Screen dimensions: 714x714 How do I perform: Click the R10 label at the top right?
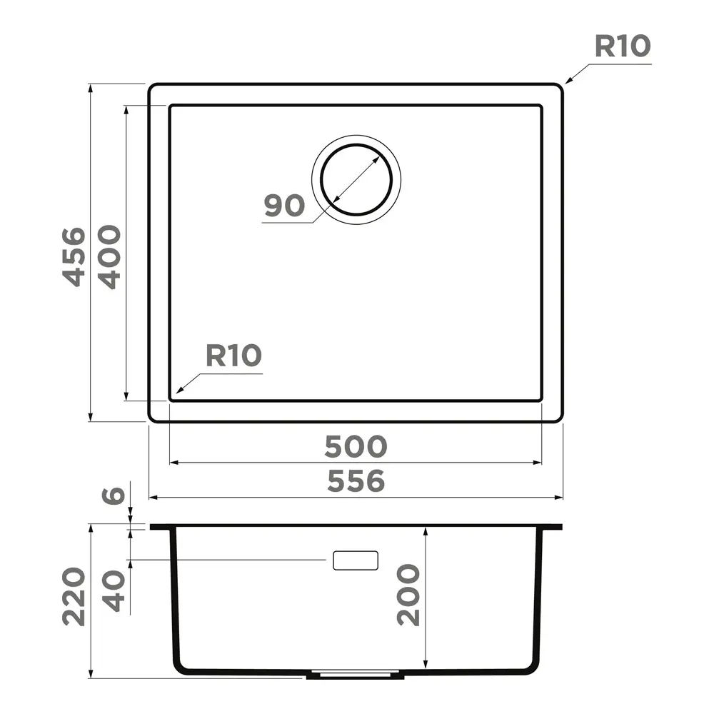623,46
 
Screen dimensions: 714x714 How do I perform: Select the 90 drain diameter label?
285,206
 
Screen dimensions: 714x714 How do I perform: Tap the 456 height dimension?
74,257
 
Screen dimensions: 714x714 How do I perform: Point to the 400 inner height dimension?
110,257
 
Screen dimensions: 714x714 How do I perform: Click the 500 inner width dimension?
356,446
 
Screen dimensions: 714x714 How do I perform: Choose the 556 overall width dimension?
356,481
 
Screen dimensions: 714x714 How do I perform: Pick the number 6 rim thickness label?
113,495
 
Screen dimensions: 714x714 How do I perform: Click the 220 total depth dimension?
74,596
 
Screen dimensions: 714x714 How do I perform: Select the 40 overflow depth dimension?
113,591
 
